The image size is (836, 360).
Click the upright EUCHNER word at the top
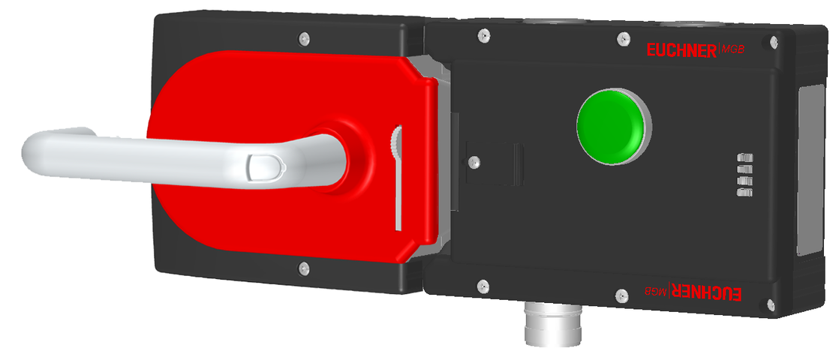coord(681,50)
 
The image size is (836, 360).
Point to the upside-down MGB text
coord(656,291)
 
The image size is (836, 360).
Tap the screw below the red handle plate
coord(302,268)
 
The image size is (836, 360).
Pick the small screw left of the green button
coord(474,160)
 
